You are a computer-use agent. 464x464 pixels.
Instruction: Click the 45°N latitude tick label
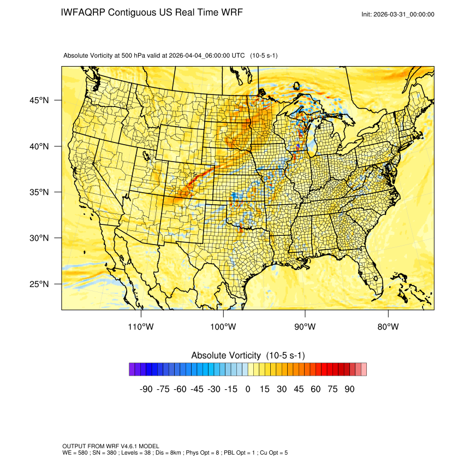click(39, 100)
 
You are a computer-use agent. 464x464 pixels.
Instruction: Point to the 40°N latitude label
click(39, 146)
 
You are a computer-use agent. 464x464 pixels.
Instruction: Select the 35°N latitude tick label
click(39, 192)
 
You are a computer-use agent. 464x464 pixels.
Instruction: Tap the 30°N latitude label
click(39, 238)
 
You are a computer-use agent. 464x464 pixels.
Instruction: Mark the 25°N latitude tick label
click(39, 284)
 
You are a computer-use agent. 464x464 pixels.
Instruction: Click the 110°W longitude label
click(141, 327)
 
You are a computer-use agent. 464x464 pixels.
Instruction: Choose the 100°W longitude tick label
click(223, 327)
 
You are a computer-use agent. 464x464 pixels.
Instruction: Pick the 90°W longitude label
click(305, 327)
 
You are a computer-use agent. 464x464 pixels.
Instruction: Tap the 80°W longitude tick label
click(388, 327)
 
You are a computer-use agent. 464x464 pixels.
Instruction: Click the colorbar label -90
click(146, 389)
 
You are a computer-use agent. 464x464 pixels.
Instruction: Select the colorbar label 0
click(248, 389)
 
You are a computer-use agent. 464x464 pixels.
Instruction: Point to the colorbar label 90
click(349, 389)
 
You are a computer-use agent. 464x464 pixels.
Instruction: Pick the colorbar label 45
click(299, 389)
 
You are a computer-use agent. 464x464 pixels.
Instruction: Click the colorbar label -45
click(197, 389)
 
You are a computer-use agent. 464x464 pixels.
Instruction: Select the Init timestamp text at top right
click(398, 14)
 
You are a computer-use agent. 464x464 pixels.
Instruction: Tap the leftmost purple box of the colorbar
click(132, 370)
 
